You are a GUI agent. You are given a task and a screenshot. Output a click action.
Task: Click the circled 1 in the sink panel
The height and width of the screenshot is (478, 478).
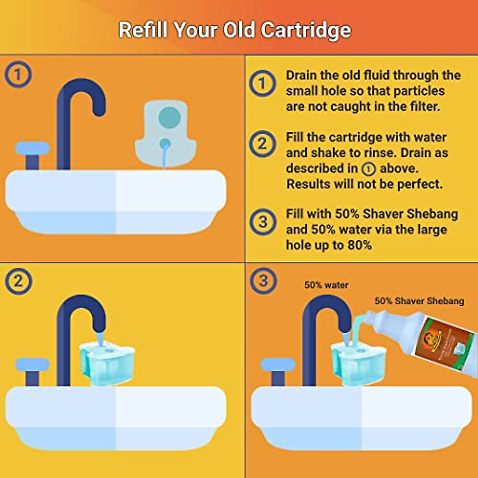[x=18, y=74]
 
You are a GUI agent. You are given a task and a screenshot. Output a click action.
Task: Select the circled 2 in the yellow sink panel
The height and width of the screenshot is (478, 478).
[x=18, y=281]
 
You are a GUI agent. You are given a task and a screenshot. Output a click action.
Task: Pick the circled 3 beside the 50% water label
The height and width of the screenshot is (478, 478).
[x=263, y=280]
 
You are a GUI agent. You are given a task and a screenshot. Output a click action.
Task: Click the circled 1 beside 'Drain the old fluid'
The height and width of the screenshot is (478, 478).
[x=262, y=84]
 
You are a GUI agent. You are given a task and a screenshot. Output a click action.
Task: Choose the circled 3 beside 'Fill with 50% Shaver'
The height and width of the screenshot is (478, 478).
[x=263, y=221]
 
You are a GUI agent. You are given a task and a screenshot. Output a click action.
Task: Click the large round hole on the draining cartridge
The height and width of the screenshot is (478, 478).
[x=170, y=118]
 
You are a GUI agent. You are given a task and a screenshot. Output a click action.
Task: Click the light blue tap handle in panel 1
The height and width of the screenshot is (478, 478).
[x=32, y=148]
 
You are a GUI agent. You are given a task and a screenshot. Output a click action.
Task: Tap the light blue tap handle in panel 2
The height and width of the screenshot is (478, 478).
[x=32, y=364]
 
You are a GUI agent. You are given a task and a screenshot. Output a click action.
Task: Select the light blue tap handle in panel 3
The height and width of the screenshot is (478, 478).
[x=278, y=364]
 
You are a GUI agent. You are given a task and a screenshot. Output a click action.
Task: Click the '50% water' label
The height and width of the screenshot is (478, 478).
[x=326, y=285]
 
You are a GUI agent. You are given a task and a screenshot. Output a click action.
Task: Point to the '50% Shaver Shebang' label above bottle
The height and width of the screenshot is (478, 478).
[x=419, y=301]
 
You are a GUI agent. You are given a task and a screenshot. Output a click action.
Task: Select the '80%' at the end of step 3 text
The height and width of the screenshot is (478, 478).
[x=360, y=245]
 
